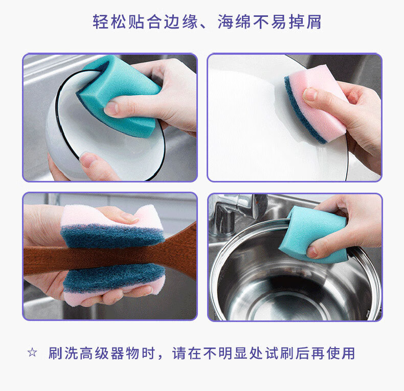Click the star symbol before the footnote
(32, 352)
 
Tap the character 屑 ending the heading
(313, 21)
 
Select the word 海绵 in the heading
(234, 21)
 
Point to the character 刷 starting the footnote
(56, 353)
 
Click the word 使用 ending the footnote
(341, 353)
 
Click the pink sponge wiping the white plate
(316, 103)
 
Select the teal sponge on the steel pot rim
(313, 235)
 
